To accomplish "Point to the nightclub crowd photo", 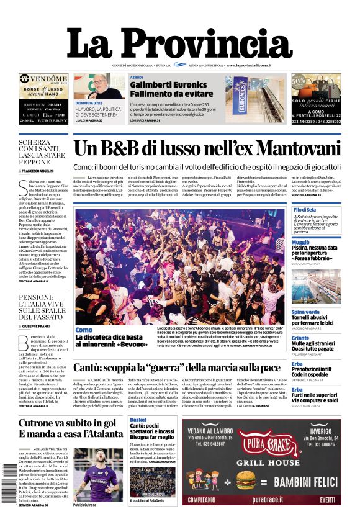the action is [x=179, y=264].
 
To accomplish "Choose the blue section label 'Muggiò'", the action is [x=300, y=242].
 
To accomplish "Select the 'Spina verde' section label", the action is [x=305, y=312].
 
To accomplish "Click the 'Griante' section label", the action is [x=300, y=338].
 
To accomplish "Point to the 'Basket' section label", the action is [x=138, y=420].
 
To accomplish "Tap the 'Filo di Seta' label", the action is [x=305, y=210].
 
